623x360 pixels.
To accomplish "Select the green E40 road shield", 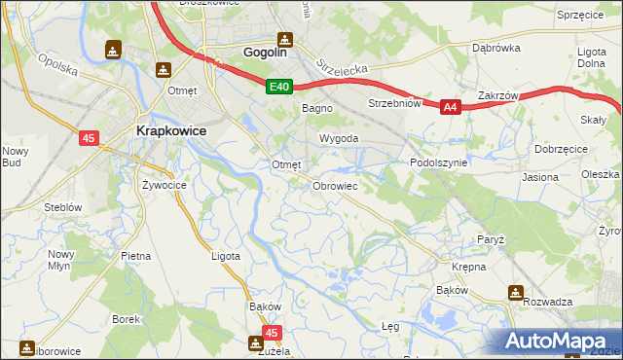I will pos(279,88).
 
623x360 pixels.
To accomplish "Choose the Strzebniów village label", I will pos(393,103).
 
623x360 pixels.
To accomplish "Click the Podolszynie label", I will pos(439,163).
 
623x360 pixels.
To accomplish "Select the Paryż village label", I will pos(490,238).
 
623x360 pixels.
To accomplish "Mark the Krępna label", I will pos(468,266).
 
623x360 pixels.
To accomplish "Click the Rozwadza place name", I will pos(546,302).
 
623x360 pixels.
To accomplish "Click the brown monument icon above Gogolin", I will pos(284,40).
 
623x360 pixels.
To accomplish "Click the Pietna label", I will pos(135,256).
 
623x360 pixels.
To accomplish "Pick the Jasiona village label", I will pos(540,178).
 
